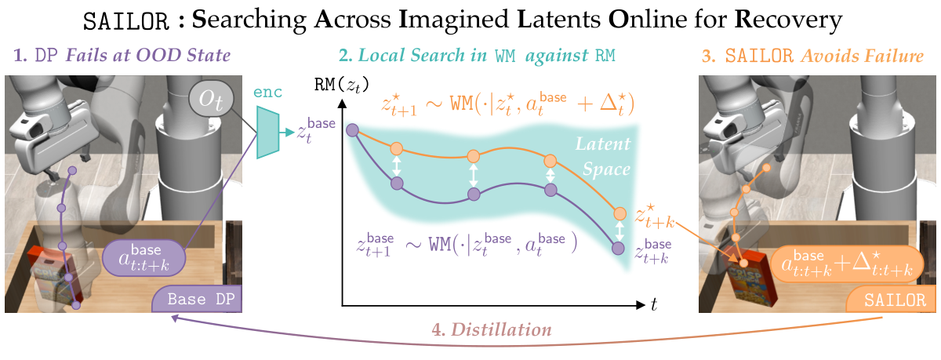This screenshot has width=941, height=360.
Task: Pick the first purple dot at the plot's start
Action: click(353, 130)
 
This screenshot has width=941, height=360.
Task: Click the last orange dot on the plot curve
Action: click(619, 213)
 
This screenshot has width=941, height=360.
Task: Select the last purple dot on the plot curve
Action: click(619, 248)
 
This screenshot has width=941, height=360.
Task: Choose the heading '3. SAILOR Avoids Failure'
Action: click(815, 56)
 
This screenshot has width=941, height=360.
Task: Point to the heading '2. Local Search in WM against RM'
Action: click(477, 56)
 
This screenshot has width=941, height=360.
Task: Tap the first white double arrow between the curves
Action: click(397, 165)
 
